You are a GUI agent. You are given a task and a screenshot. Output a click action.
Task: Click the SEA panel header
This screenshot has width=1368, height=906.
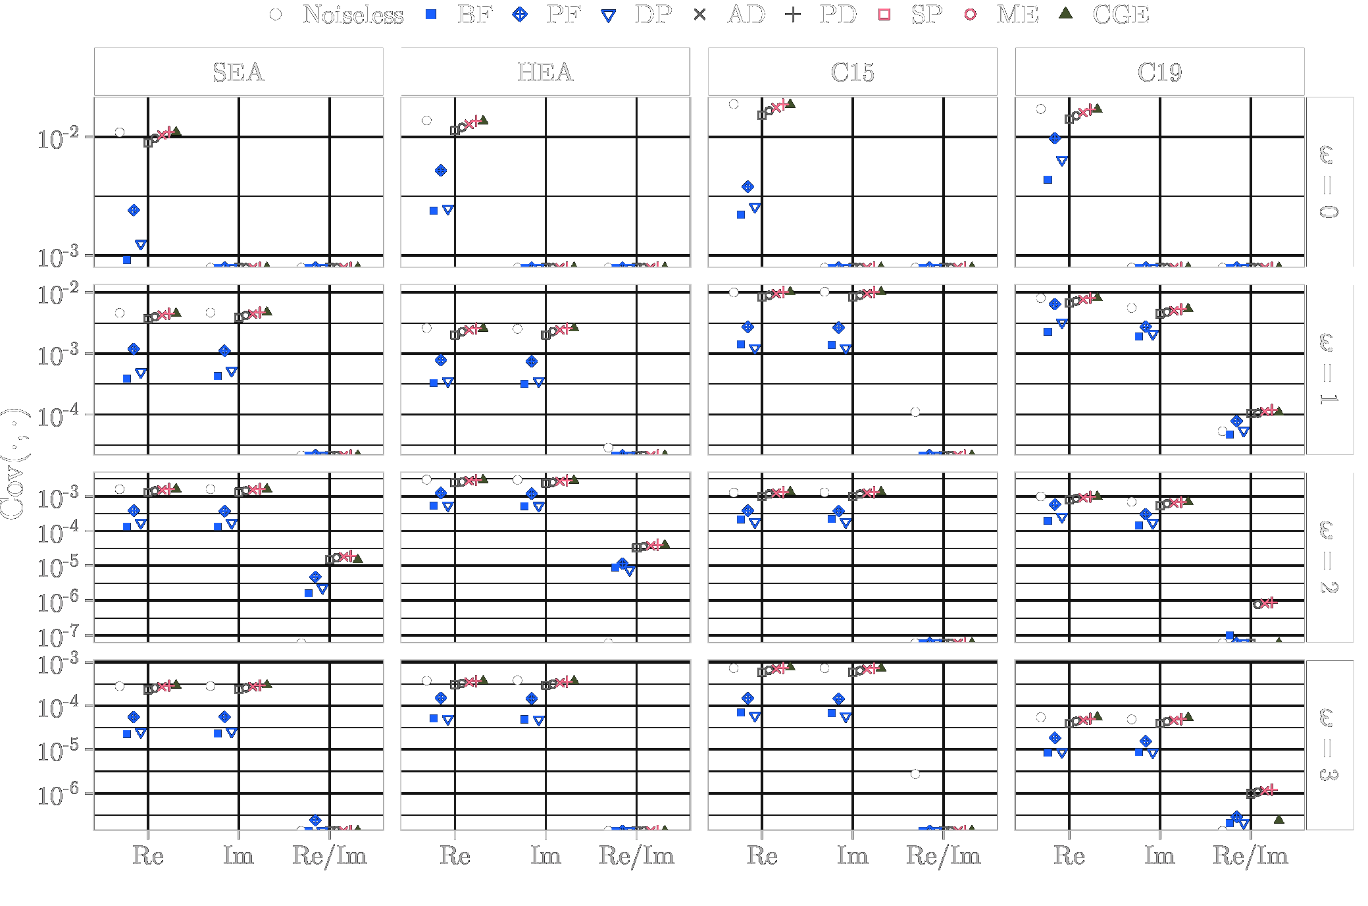pyautogui.click(x=238, y=72)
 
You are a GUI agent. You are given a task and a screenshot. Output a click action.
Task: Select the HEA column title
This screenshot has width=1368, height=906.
pyautogui.click(x=545, y=72)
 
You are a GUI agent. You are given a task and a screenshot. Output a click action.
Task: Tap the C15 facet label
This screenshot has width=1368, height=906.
pyautogui.click(x=852, y=72)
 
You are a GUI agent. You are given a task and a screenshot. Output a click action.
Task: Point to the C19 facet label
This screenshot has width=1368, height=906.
pyautogui.click(x=1159, y=72)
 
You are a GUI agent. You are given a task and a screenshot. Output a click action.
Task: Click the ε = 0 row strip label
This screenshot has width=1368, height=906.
pyautogui.click(x=1329, y=182)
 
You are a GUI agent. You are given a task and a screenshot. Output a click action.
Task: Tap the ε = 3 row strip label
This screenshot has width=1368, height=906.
pyautogui.click(x=1329, y=745)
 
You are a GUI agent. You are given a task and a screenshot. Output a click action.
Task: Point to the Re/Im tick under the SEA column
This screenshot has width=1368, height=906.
pyautogui.click(x=330, y=856)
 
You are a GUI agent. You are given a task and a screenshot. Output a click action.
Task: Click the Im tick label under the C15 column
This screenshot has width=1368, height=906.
pyautogui.click(x=852, y=856)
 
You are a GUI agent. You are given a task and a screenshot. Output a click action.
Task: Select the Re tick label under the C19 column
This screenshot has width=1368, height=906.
pyautogui.click(x=1069, y=856)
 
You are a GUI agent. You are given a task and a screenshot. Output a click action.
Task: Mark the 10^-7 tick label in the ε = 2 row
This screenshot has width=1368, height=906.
pyautogui.click(x=58, y=637)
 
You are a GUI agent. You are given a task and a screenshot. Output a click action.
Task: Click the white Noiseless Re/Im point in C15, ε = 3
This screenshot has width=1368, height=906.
pyautogui.click(x=915, y=774)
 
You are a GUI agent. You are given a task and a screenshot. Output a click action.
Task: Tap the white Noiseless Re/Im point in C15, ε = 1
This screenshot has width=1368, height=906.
pyautogui.click(x=915, y=412)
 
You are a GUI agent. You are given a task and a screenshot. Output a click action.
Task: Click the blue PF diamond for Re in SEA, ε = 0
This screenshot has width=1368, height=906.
pyautogui.click(x=134, y=211)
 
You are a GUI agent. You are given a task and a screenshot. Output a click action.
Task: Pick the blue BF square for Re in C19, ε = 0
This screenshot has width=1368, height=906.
pyautogui.click(x=1048, y=179)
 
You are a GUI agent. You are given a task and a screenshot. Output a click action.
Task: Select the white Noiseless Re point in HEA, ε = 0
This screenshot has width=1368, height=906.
pyautogui.click(x=426, y=120)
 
